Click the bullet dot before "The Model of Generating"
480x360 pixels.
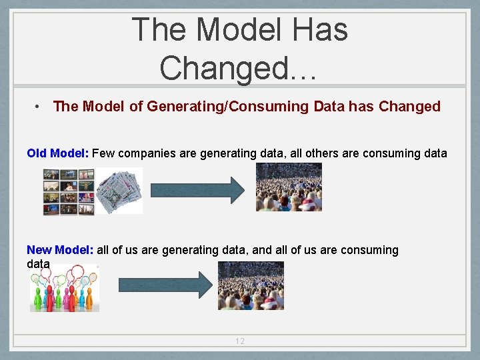(40, 107)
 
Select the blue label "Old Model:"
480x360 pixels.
(57, 153)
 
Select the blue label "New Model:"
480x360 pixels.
(60, 250)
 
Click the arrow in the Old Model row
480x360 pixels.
(198, 190)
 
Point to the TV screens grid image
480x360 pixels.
(69, 191)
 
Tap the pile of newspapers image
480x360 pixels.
(119, 191)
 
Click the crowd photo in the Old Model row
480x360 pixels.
(289, 187)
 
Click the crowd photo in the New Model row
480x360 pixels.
(251, 285)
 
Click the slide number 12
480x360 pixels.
(239, 341)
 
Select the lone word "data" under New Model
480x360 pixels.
(38, 264)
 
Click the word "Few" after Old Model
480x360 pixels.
(103, 153)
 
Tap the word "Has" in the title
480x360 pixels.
(323, 30)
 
